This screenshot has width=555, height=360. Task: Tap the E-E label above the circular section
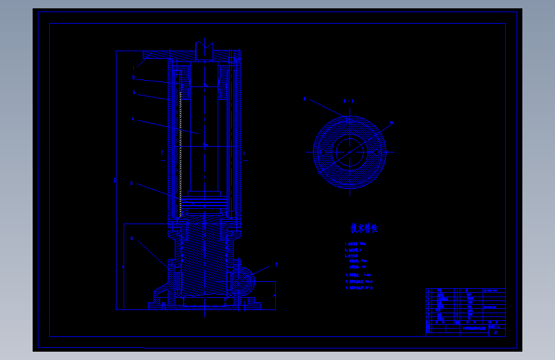[349, 101]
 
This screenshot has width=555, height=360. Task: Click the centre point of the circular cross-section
[350, 152]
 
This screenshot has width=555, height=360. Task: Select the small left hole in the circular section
[318, 152]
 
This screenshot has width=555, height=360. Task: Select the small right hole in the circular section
[382, 152]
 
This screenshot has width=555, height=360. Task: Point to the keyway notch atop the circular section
[349, 119]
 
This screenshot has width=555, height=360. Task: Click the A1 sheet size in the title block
[497, 333]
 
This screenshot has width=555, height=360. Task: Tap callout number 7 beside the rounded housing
[277, 264]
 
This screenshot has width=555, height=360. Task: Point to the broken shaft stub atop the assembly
[204, 47]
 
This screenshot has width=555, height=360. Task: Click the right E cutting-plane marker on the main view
[244, 153]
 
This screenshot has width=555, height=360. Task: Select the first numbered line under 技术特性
[356, 244]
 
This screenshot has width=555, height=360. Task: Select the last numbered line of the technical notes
[359, 288]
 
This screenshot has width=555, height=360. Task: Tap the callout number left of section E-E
[305, 99]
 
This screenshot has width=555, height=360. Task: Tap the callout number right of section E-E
[391, 123]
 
